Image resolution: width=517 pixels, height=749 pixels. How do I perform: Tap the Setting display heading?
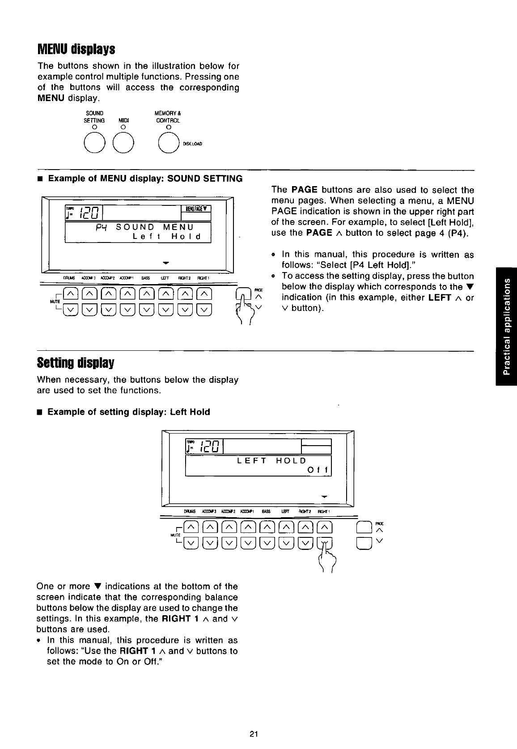point(76,361)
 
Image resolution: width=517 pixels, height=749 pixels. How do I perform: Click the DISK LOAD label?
point(192,144)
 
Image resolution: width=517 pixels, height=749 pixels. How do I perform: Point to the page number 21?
point(254,733)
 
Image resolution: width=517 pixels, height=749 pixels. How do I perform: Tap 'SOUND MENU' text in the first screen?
point(155,227)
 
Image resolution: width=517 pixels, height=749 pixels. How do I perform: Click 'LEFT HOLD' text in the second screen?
point(271,460)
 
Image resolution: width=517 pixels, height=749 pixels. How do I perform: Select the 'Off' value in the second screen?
point(318,471)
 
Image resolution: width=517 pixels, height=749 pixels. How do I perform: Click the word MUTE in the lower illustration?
point(175,535)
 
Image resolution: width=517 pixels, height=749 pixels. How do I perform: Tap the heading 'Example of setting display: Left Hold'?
point(128,412)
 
